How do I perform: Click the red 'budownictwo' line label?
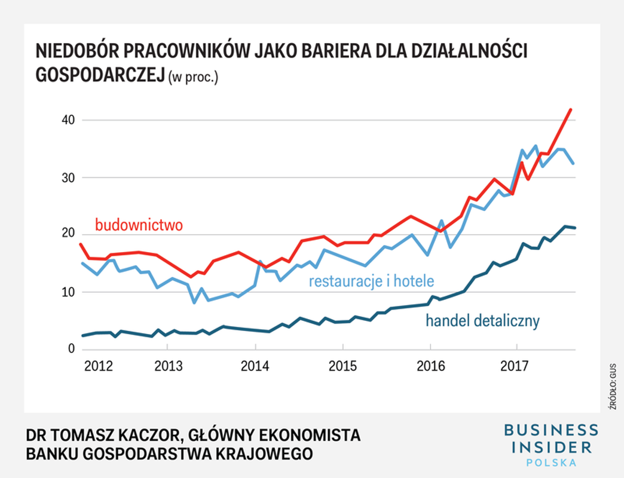[x=139, y=225]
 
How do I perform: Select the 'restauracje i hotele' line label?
[x=371, y=281]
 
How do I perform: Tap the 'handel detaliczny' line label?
[x=482, y=321]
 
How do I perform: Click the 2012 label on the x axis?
[x=99, y=366]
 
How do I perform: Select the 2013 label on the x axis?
[x=169, y=366]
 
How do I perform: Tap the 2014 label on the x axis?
[x=256, y=366]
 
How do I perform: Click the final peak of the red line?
[x=571, y=109]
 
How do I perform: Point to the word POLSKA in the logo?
[x=550, y=462]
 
